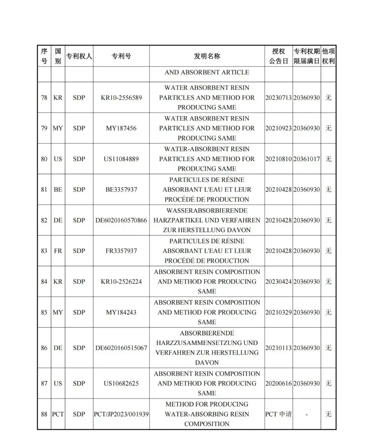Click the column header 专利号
tap(121, 56)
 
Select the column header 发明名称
tap(207, 56)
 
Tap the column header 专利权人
tap(79, 56)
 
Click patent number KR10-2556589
tap(121, 98)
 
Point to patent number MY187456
tap(121, 128)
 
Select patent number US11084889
tap(121, 159)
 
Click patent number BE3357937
tap(121, 189)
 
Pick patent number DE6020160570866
tap(121, 220)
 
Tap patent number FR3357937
tap(121, 251)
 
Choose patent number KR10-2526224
tap(121, 282)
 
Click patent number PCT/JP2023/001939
tap(121, 414)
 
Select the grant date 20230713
tap(278, 98)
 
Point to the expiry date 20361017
tap(306, 159)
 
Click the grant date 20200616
tap(278, 383)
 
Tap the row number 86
tap(44, 348)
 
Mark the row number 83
tap(44, 251)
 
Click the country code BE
tap(58, 189)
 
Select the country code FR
tap(58, 251)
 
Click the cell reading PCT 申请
tap(278, 414)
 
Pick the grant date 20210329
tap(278, 312)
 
